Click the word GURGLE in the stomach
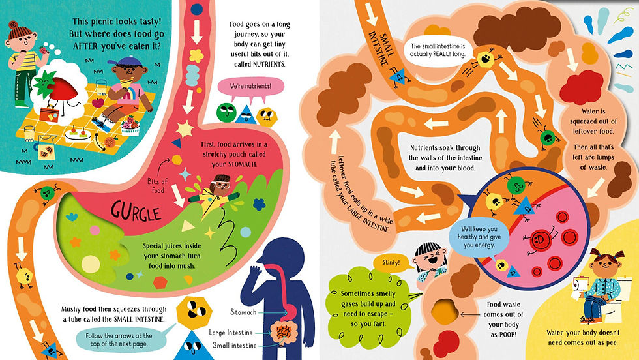click(136, 212)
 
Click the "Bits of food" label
click(158, 185)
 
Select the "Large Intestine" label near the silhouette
click(231, 333)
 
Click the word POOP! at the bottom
click(503, 335)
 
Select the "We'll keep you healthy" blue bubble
click(479, 238)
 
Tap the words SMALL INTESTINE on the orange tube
click(381, 49)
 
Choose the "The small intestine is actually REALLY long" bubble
click(437, 50)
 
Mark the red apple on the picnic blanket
click(98, 102)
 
